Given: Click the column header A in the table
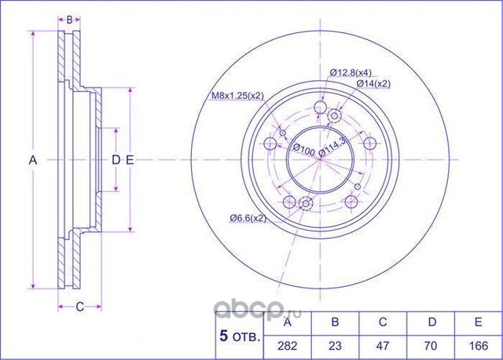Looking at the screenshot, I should (x=288, y=321).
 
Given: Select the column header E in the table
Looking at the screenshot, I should (x=476, y=321).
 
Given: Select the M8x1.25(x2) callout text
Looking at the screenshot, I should (x=237, y=96).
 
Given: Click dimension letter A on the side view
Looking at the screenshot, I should (x=33, y=160).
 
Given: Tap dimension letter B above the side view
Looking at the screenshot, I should (x=70, y=19).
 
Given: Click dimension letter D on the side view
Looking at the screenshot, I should (x=116, y=160).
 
